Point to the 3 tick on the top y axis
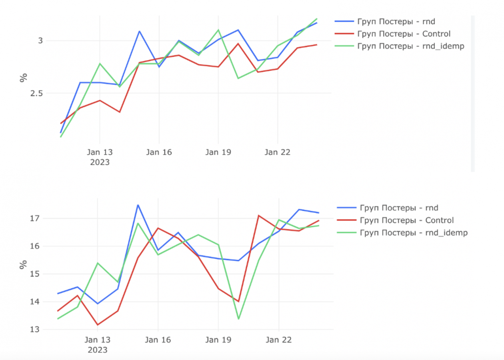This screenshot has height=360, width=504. tap(40, 41)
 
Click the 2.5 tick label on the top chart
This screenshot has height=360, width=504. tap(36, 93)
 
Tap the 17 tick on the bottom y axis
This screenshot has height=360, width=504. tap(35, 218)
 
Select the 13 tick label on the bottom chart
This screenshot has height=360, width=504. tap(35, 330)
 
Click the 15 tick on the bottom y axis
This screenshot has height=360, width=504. tap(35, 274)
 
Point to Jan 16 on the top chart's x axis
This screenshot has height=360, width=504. tap(159, 152)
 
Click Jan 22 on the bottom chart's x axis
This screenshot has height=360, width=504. tap(279, 340)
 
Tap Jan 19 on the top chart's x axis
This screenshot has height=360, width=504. tap(218, 152)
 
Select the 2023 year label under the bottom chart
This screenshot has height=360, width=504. tap(98, 350)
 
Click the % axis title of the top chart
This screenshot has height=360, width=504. tap(23, 78)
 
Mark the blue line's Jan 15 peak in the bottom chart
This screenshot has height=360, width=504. tap(138, 205)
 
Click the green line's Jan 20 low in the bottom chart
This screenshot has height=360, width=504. tap(238, 319)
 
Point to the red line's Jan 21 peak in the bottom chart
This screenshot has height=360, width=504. tap(259, 216)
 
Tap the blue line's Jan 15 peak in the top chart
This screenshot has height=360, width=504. tap(140, 31)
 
